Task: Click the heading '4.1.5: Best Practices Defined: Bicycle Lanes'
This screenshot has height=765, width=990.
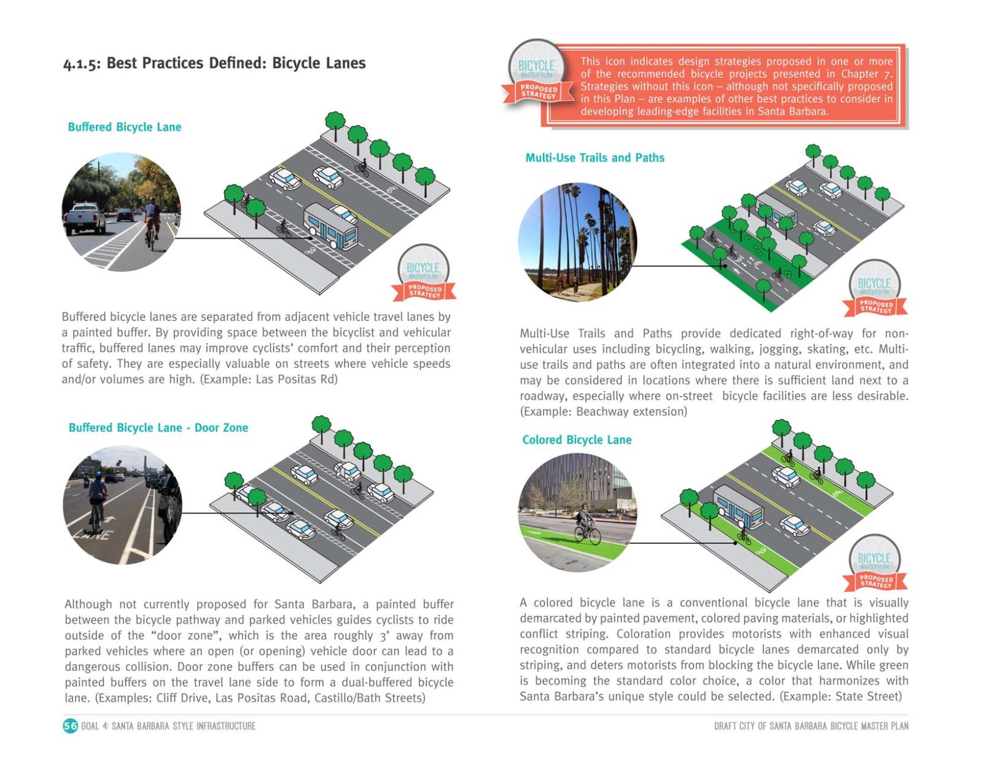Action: pyautogui.click(x=214, y=63)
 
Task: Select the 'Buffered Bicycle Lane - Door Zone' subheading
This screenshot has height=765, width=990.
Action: pyautogui.click(x=158, y=428)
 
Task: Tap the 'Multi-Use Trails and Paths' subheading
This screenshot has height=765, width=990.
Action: pyautogui.click(x=594, y=158)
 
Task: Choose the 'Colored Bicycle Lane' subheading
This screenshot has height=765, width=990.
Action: pyautogui.click(x=577, y=440)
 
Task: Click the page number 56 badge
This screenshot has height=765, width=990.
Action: pyautogui.click(x=71, y=726)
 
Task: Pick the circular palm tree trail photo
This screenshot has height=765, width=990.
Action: pyautogui.click(x=577, y=241)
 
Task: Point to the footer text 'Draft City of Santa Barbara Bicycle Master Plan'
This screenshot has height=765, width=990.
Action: pyautogui.click(x=811, y=726)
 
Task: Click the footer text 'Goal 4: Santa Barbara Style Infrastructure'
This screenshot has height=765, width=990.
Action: pyautogui.click(x=168, y=726)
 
